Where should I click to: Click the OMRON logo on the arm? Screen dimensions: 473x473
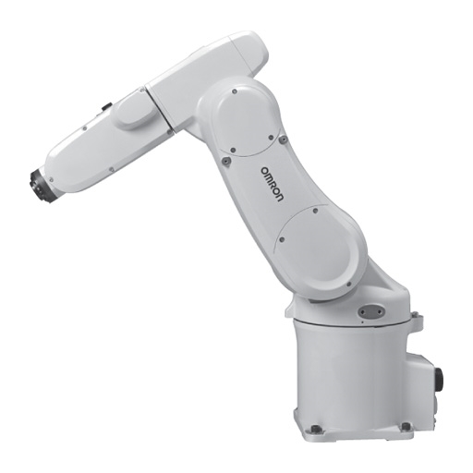coord(272,185)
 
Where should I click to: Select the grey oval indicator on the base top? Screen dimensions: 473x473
coord(370,311)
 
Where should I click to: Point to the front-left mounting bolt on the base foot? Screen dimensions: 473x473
coord(314,428)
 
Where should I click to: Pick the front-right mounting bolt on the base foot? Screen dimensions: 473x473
coord(405,426)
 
